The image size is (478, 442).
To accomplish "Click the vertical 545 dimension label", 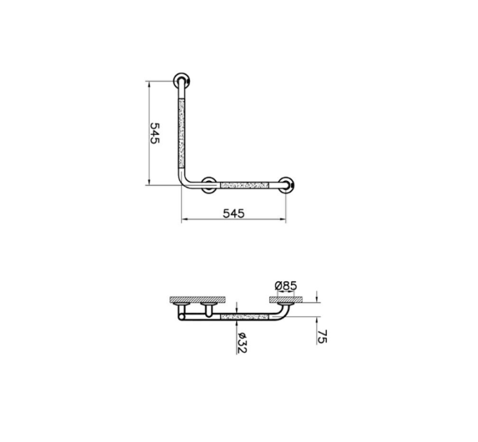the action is [155, 133].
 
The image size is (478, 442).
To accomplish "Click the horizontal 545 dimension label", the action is [233, 213].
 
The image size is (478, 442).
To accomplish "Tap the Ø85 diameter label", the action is [285, 286].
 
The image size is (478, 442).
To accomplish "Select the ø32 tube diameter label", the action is [242, 343].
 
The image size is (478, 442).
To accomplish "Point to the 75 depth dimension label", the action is [322, 337].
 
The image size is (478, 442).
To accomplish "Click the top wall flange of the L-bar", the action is [181, 81].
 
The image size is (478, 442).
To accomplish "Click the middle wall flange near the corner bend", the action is [209, 185].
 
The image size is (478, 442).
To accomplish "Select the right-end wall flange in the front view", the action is [286, 185].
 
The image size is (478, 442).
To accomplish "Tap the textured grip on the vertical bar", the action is [181, 133].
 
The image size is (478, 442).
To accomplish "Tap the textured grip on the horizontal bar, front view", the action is [245, 185].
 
